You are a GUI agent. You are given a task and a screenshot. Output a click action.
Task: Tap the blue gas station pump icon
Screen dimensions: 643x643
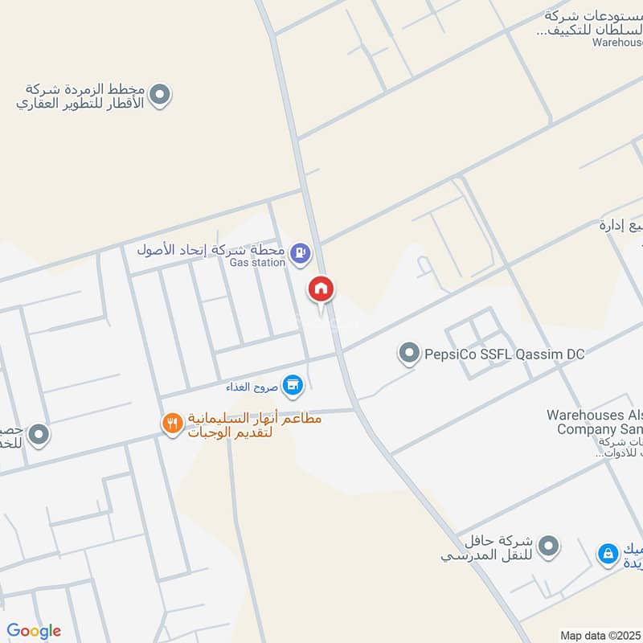tap(300, 252)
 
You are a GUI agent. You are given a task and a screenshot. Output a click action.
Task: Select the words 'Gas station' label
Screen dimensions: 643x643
tap(257, 262)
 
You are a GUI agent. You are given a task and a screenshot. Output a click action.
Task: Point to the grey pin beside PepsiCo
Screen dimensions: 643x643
tap(409, 353)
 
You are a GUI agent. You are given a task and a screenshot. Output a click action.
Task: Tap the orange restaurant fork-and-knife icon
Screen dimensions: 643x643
tap(171, 423)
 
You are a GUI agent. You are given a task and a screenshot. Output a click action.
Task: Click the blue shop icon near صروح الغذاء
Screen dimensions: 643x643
tap(293, 385)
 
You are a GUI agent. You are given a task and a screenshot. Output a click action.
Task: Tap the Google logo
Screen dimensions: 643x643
tap(34, 631)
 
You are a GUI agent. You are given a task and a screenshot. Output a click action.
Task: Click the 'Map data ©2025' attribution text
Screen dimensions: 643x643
tap(600, 635)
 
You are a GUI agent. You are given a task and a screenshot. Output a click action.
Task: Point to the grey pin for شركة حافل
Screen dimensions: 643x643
tap(549, 546)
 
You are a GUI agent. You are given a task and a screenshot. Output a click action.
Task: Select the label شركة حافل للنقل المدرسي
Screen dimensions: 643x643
tap(485, 547)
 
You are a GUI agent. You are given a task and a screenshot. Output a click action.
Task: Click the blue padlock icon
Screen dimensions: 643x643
tap(608, 553)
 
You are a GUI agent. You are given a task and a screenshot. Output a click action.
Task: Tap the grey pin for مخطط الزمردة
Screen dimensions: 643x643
tap(160, 96)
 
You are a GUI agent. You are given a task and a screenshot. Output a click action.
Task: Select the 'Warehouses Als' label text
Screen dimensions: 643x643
tap(595, 416)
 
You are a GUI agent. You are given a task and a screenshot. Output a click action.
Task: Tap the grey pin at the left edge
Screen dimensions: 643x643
tap(38, 436)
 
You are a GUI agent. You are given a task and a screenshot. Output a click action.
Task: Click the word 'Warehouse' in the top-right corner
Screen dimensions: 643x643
tap(617, 42)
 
